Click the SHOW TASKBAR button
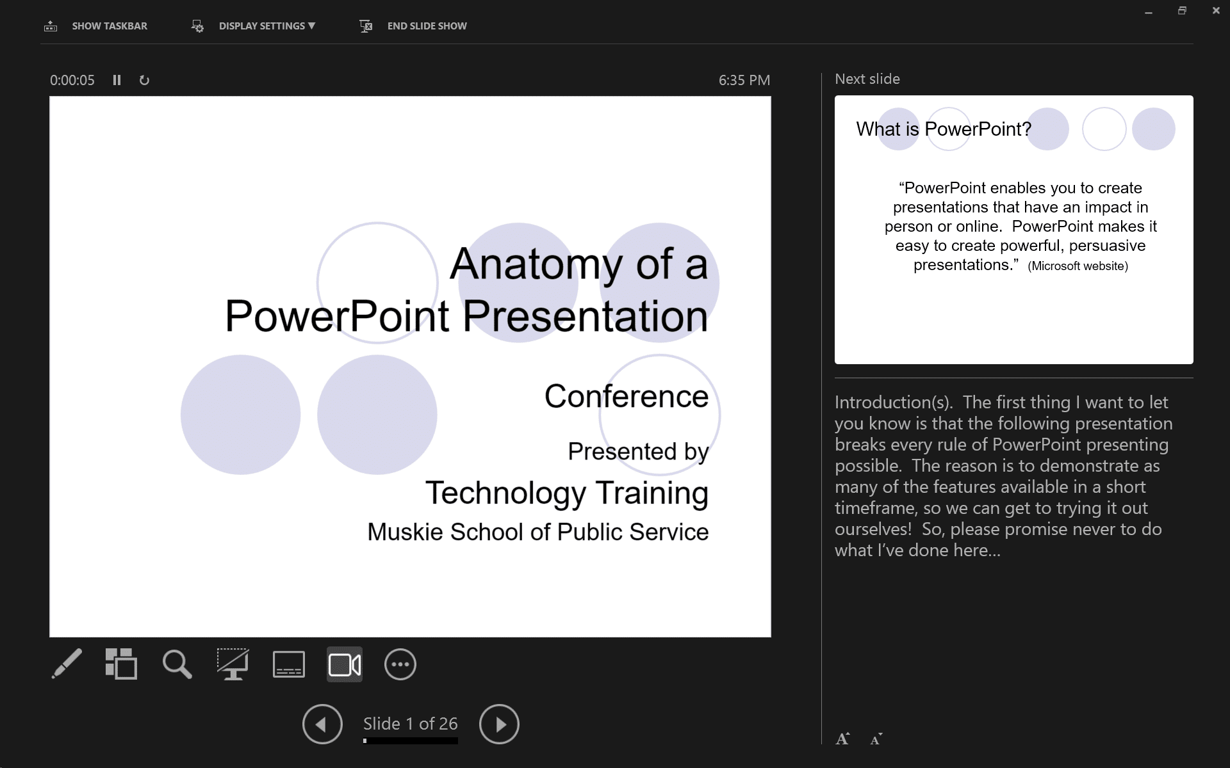(x=96, y=26)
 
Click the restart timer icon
(x=144, y=81)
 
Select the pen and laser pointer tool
(x=67, y=664)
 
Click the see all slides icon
(x=121, y=664)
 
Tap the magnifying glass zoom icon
(x=177, y=664)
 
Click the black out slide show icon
(x=233, y=664)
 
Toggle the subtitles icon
(x=289, y=664)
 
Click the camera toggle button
(x=345, y=664)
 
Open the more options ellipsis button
(x=400, y=664)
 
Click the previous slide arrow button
(x=322, y=724)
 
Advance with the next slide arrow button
(x=499, y=724)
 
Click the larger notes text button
(x=842, y=739)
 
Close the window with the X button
(x=1216, y=11)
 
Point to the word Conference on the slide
(x=626, y=396)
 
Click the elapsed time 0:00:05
(x=72, y=81)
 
